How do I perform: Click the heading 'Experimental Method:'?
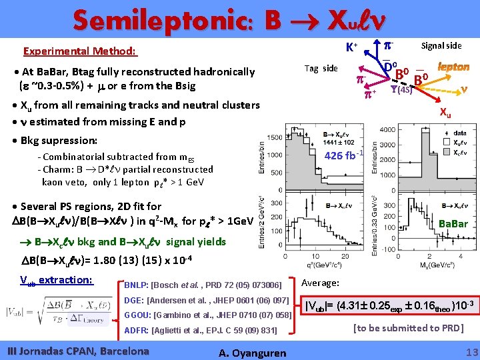80,51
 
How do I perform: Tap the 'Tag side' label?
321,68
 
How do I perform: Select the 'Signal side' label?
441,45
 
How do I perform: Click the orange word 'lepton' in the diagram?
453,67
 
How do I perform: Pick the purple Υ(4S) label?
404,90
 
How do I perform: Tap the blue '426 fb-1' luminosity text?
343,156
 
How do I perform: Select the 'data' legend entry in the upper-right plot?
459,133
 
